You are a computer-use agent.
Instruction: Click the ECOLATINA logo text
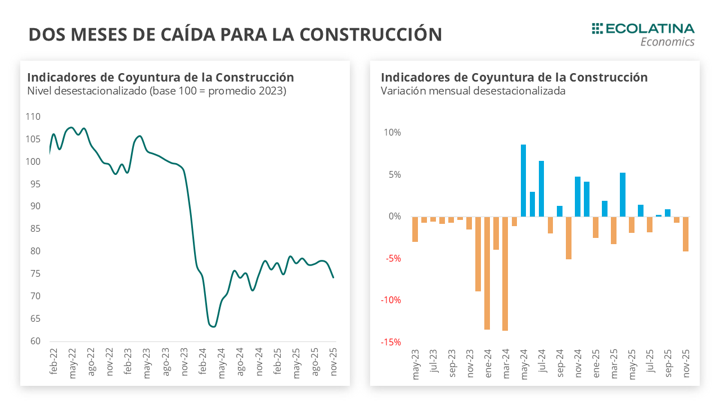[x=650, y=29]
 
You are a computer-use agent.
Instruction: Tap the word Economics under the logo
[x=667, y=42]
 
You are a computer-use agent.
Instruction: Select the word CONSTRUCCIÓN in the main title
[x=371, y=34]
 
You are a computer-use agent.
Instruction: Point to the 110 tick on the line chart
[x=33, y=117]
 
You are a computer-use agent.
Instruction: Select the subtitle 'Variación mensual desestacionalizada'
[x=472, y=91]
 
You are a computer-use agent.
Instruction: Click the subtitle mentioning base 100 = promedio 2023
[x=156, y=91]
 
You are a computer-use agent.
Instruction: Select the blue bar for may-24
[x=523, y=181]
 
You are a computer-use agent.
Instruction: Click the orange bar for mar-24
[x=505, y=273]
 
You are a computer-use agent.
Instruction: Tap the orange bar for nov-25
[x=686, y=234]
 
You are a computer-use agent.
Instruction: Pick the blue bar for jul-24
[x=541, y=188]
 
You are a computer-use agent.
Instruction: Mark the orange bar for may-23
[x=415, y=229]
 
